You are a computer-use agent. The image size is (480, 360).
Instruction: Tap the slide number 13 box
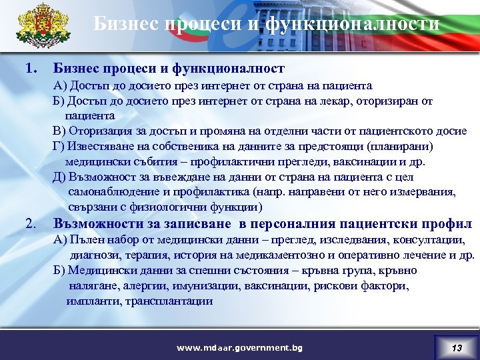[x=456, y=347]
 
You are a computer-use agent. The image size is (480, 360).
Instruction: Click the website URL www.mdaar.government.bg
[x=239, y=348]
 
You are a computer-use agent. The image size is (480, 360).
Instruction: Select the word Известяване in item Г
[x=99, y=146]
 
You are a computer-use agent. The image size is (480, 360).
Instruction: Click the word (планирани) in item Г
[x=407, y=146]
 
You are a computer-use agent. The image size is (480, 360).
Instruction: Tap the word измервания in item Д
[x=427, y=192]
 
